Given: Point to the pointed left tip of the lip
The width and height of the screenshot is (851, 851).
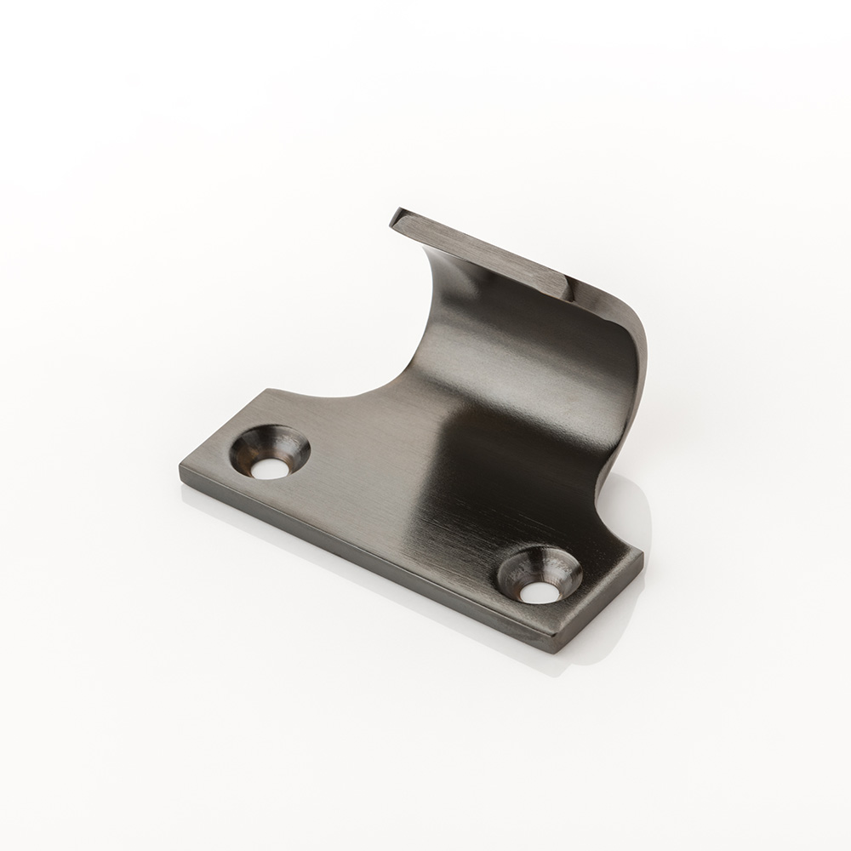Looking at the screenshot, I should (x=394, y=220).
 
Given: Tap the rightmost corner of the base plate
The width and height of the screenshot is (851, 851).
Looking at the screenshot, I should (x=643, y=555).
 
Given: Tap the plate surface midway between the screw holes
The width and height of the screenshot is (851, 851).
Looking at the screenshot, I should (x=400, y=511).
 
